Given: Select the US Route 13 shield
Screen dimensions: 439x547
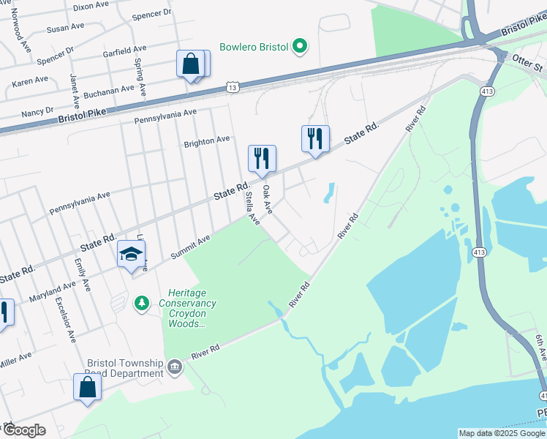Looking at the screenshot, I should coord(232,87).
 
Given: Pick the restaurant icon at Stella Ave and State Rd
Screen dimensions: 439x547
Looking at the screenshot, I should coord(262,158).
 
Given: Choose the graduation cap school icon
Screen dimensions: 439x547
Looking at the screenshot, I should coord(131,254).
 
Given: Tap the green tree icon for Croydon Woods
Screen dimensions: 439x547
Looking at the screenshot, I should coord(142,302).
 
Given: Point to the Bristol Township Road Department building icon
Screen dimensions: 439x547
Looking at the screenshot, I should coord(175,367).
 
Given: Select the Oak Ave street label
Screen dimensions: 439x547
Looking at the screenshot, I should coord(268,199).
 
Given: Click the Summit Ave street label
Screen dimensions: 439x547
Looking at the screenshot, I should coord(190,247).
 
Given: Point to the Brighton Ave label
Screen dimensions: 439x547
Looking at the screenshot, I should coord(207,140).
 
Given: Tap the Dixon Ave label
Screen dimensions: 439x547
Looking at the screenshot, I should coord(91,6).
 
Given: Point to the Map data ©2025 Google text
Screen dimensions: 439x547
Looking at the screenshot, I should coord(501,433).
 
